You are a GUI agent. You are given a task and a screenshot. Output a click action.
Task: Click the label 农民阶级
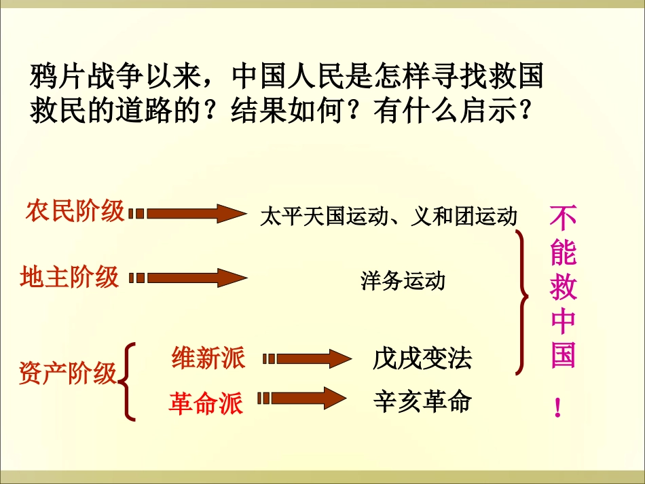point(75,210)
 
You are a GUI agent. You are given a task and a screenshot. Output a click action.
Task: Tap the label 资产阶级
point(68,373)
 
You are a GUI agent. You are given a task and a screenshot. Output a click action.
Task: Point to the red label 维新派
point(208,358)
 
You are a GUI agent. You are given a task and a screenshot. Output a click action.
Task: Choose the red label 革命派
point(205,404)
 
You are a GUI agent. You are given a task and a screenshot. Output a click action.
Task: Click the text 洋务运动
point(403,281)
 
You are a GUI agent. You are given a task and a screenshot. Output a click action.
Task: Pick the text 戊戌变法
point(422,358)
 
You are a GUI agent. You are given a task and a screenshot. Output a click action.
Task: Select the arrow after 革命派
point(305,398)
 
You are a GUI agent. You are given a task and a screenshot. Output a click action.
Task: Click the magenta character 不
point(563,219)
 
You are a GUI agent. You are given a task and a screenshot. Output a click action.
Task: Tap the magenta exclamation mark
point(558,408)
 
